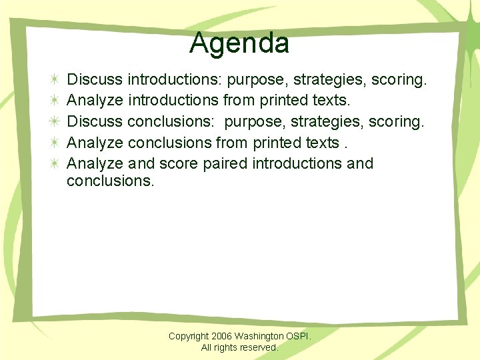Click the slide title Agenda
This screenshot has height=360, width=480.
[239, 43]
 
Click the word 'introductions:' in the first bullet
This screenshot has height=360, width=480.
[175, 80]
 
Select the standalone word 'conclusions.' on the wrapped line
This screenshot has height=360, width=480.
[111, 181]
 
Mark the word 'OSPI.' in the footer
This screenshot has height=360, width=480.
[299, 337]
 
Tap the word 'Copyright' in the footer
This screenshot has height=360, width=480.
[189, 337]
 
